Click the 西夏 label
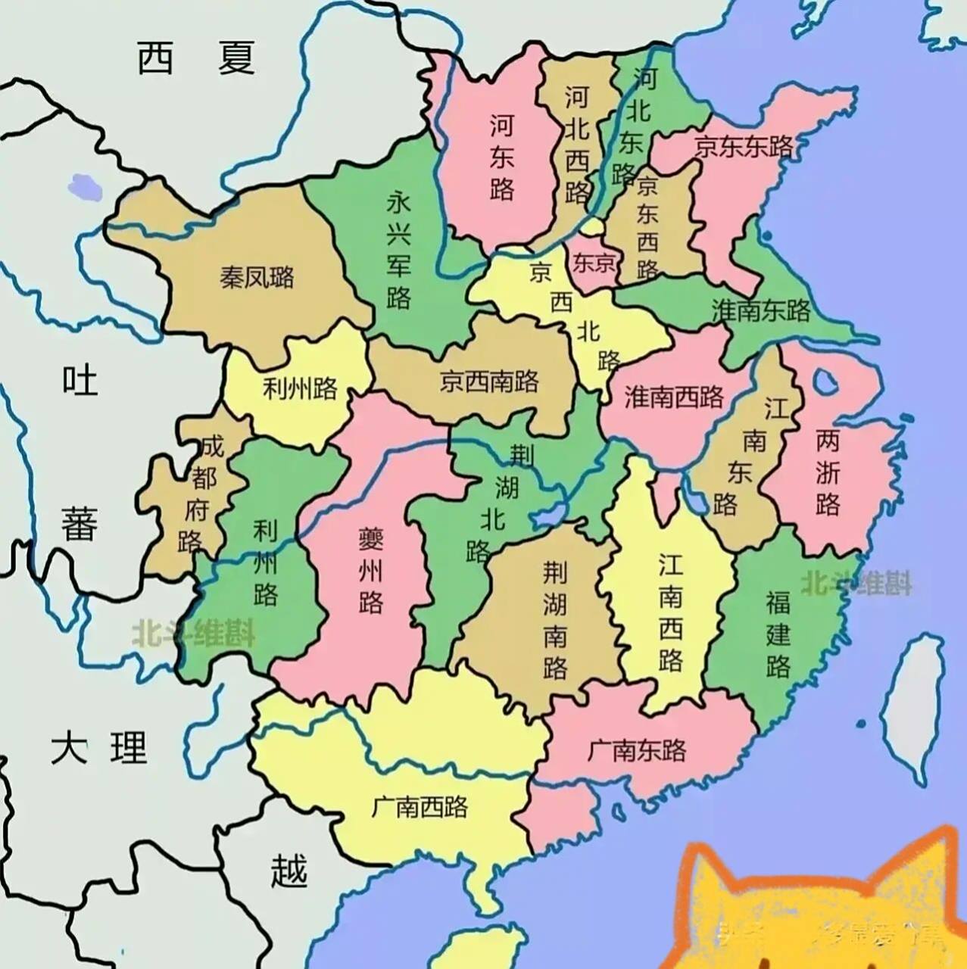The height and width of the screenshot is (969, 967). tap(195, 58)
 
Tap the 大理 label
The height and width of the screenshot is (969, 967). tap(98, 748)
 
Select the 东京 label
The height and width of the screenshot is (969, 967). tap(594, 263)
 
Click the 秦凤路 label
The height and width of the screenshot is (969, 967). tap(257, 277)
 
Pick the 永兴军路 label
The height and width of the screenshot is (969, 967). tap(398, 249)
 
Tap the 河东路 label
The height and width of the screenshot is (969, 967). tap(501, 157)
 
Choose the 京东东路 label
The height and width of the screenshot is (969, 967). tap(743, 146)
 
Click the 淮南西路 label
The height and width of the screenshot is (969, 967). tap(673, 397)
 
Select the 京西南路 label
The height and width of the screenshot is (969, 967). tap(489, 381)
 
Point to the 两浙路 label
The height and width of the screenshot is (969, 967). tap(828, 472)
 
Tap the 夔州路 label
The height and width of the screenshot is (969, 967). tap(371, 570)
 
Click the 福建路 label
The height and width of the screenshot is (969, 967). tap(778, 634)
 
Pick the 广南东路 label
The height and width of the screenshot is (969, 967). tap(636, 749)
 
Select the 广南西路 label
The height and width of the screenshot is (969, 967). tap(420, 807)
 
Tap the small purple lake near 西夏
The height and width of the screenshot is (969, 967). tap(84, 186)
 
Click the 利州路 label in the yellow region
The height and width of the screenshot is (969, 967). tap(299, 389)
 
